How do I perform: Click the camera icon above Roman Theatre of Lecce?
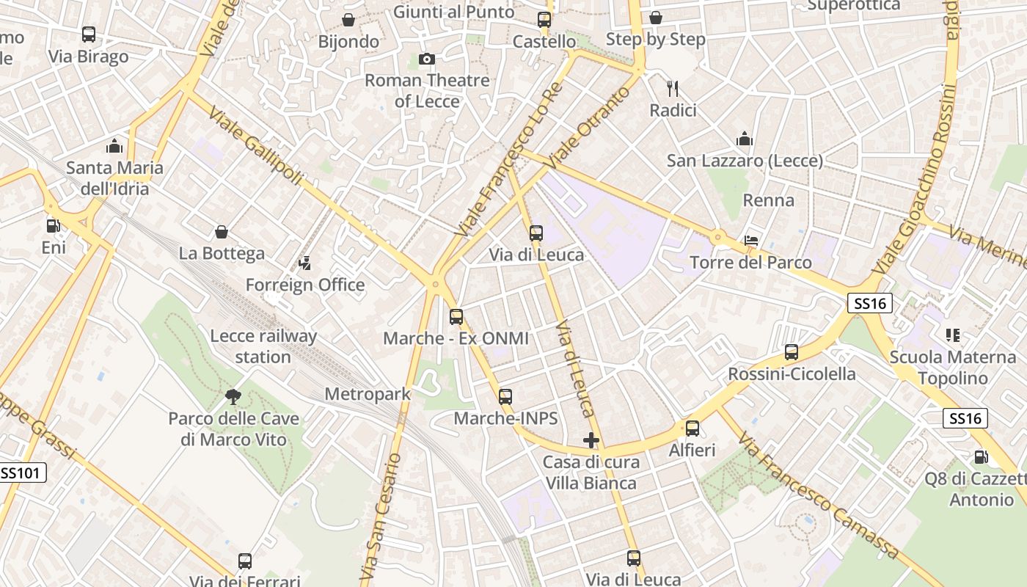[426, 59]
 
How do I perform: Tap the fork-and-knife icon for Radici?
[673, 89]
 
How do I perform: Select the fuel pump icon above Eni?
[53, 226]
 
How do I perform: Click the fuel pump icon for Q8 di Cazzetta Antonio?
[981, 457]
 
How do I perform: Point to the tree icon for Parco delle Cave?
[233, 397]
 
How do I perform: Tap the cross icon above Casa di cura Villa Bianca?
[591, 440]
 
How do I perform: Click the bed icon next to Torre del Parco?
[751, 241]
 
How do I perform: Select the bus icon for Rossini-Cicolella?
[791, 352]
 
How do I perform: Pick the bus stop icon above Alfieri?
[692, 429]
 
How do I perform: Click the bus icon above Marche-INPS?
[505, 397]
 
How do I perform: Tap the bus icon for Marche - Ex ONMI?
[456, 317]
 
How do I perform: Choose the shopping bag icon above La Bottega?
[222, 233]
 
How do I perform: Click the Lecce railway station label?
[263, 346]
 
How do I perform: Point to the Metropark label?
[368, 394]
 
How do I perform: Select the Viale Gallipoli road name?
[255, 146]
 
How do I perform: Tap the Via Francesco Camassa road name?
[819, 495]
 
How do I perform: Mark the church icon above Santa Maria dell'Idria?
[114, 146]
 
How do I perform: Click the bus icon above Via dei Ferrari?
[245, 561]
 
